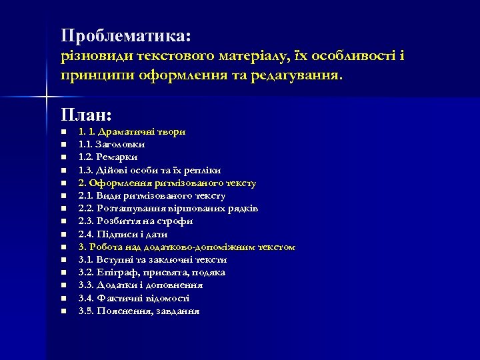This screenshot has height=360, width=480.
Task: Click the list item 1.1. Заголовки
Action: pyautogui.click(x=111, y=144)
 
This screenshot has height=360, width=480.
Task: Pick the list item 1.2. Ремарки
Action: pyautogui.click(x=108, y=157)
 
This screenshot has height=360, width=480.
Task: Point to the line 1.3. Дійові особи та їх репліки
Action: pyautogui.click(x=149, y=170)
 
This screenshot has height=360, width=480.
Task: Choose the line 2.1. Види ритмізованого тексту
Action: pyautogui.click(x=151, y=196)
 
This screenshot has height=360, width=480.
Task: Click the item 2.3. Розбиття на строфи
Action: pyautogui.click(x=135, y=221)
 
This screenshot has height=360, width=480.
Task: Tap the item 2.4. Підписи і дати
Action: pyautogui.click(x=123, y=234)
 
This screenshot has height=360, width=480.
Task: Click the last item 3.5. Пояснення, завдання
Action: pyautogui.click(x=139, y=311)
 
